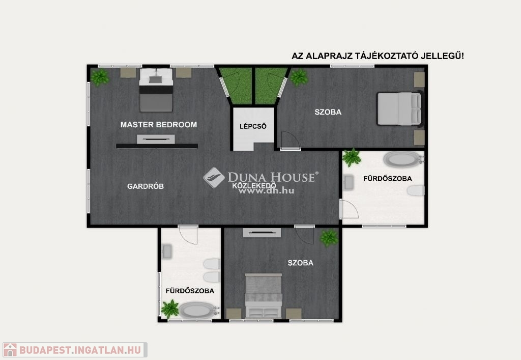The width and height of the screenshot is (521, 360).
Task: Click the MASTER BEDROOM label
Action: coord(159,125)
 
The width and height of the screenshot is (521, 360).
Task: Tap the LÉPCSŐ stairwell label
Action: coord(253,126)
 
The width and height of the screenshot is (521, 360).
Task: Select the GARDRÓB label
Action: coord(146,186)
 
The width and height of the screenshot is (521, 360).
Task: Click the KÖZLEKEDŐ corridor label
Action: coord(254,186)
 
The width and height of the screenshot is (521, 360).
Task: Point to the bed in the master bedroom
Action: coord(156,90)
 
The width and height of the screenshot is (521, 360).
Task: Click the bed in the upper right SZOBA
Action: coord(400,108)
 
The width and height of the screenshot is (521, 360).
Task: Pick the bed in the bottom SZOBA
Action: coord(264,296)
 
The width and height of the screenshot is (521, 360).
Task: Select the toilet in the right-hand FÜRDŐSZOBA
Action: coord(416,190)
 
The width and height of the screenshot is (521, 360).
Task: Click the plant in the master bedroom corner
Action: coord(100,77)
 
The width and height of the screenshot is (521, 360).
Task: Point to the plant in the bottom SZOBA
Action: coord(329,238)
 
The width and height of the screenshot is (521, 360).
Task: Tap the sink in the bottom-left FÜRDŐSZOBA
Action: coord(167,252)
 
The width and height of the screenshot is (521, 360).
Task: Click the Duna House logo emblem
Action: coord(214,178)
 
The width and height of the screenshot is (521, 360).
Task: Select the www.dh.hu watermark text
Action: coord(266,191)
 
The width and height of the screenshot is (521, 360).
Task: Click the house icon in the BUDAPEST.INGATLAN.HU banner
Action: coord(10,350)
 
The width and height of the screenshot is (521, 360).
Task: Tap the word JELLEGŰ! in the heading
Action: coord(442,56)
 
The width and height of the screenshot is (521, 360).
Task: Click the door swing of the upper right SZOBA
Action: coord(290,140)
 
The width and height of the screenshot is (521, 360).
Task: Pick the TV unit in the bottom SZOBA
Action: coord(262,233)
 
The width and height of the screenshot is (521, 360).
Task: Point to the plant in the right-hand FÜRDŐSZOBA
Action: coord(352,157)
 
